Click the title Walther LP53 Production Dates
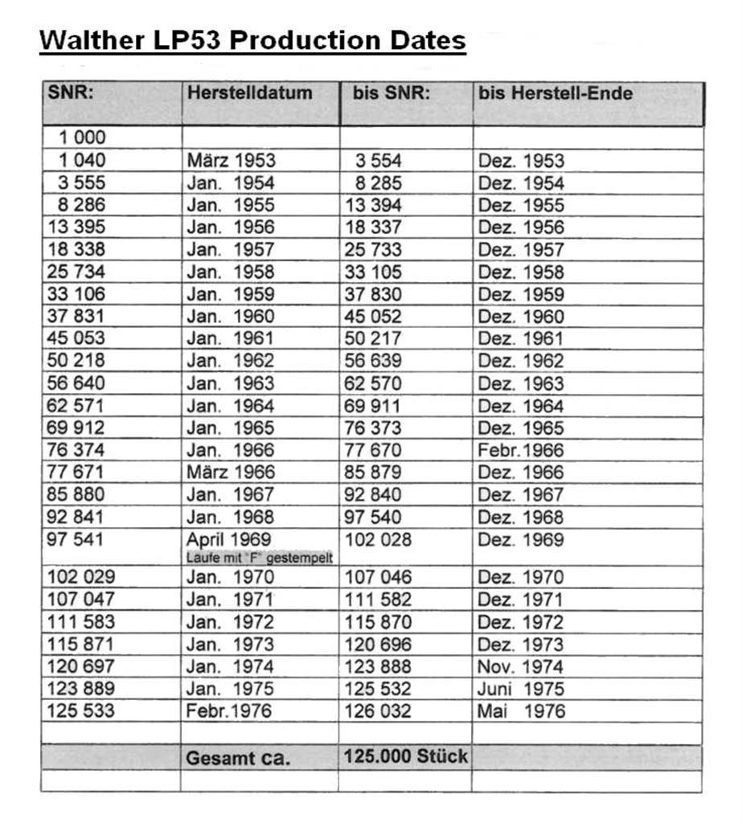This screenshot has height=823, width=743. click(x=252, y=39)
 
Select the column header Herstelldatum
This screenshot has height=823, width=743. click(x=249, y=92)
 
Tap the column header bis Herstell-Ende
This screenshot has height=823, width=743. click(x=555, y=92)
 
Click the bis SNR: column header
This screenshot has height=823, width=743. click(x=392, y=92)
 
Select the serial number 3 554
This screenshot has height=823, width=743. click(x=378, y=160)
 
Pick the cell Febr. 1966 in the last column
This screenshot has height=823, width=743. click(x=521, y=450)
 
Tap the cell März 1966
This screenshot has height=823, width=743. click(x=231, y=472)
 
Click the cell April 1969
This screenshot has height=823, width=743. click(x=229, y=539)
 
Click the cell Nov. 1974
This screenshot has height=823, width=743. click(x=521, y=666)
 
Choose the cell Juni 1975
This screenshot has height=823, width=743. click(x=521, y=689)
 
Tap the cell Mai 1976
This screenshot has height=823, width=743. click(x=521, y=711)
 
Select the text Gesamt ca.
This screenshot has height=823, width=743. click(x=238, y=758)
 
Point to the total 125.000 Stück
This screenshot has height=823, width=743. click(x=405, y=756)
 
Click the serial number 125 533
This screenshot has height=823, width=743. click(x=81, y=711)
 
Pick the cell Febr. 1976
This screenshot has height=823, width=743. click(x=229, y=711)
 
